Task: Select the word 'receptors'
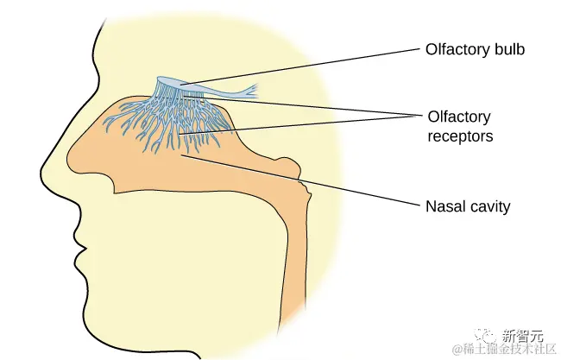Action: coord(461,136)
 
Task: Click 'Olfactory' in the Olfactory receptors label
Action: coord(459,117)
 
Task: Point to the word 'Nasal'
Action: coord(444,206)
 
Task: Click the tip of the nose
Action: coord(44,165)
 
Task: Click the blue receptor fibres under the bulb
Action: coord(164,121)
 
